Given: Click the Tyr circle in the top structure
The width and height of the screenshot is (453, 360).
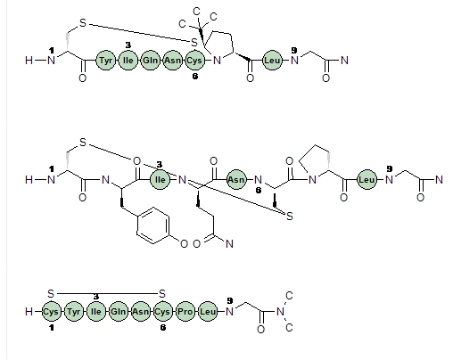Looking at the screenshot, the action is [105, 61].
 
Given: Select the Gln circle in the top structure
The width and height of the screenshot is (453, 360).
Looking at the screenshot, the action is [150, 61].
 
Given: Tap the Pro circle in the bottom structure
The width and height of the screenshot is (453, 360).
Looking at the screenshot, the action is [185, 312].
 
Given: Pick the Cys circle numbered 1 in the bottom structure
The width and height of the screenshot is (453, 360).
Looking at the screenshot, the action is [51, 312].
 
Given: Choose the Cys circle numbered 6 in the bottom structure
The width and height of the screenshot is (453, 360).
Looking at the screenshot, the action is [162, 312].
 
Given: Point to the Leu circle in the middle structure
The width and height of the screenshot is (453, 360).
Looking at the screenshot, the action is [367, 180].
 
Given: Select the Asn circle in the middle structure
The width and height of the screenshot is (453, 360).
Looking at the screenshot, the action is [236, 180].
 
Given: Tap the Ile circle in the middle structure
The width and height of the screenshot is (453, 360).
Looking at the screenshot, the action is [160, 180].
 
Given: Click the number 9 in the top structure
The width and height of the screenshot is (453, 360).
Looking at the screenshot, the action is [294, 50].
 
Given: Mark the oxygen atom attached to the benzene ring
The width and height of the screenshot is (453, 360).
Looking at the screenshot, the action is [184, 244].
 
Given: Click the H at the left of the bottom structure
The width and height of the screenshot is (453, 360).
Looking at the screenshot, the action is [29, 312].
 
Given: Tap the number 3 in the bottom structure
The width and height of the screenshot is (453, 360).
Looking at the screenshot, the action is [95, 297].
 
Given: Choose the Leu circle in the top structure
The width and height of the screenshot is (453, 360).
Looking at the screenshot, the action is [272, 61].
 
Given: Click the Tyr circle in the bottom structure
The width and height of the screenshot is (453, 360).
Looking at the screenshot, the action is [73, 312].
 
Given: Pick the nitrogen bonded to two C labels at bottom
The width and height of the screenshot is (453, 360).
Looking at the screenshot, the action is [280, 312].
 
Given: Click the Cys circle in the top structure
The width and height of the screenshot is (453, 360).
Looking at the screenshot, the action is [194, 61].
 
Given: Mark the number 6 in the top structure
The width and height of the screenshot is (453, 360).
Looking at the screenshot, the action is [194, 77].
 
